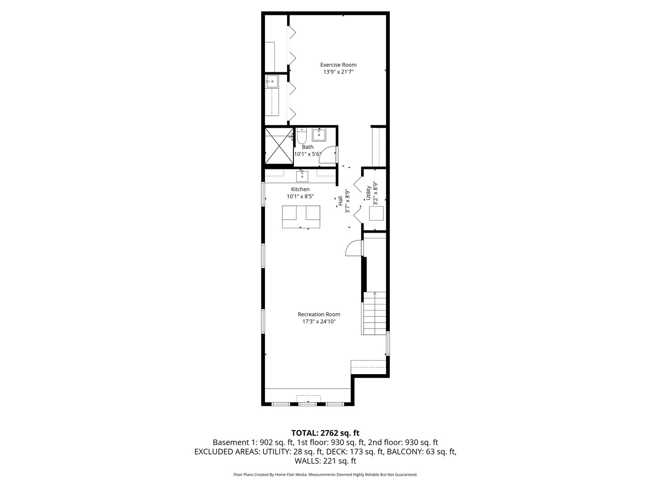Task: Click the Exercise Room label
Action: coord(338,65)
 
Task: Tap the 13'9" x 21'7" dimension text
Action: coord(338,72)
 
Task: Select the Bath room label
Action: coord(307,147)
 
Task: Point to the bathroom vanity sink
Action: coord(320,134)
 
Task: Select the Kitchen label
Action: coord(300,189)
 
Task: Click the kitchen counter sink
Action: coord(302,176)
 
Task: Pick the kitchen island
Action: coord(301,217)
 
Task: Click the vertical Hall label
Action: coord(340,201)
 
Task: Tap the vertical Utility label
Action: coord(368,193)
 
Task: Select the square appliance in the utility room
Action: coord(376,213)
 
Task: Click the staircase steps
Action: coord(374,313)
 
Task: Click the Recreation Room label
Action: coord(319,314)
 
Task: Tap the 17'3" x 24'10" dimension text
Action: coord(319,322)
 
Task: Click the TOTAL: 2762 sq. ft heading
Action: coord(325,433)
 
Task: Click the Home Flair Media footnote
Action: coord(325,474)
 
